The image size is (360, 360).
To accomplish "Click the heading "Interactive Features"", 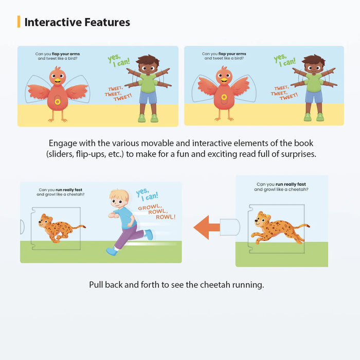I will pos(77,22).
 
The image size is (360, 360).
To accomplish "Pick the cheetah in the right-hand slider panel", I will pos(277,228).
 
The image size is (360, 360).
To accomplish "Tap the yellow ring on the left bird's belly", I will pos(58,102).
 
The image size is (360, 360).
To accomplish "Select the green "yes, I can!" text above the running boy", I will pos(148,195).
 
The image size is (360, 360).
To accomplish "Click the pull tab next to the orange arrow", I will pos(229,227).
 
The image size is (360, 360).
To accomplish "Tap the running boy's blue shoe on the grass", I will pos(111,251).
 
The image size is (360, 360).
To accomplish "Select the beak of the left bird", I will pos(57,80).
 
